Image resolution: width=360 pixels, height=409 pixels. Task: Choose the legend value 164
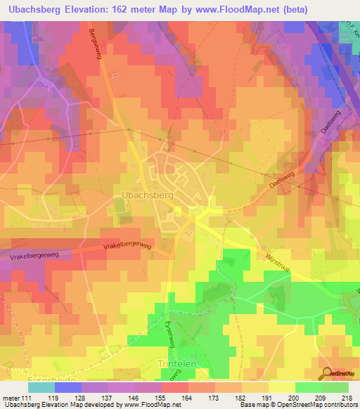point(166,397)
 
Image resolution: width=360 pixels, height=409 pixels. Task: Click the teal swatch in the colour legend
point(41,387)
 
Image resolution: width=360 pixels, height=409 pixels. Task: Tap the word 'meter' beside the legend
point(13,397)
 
